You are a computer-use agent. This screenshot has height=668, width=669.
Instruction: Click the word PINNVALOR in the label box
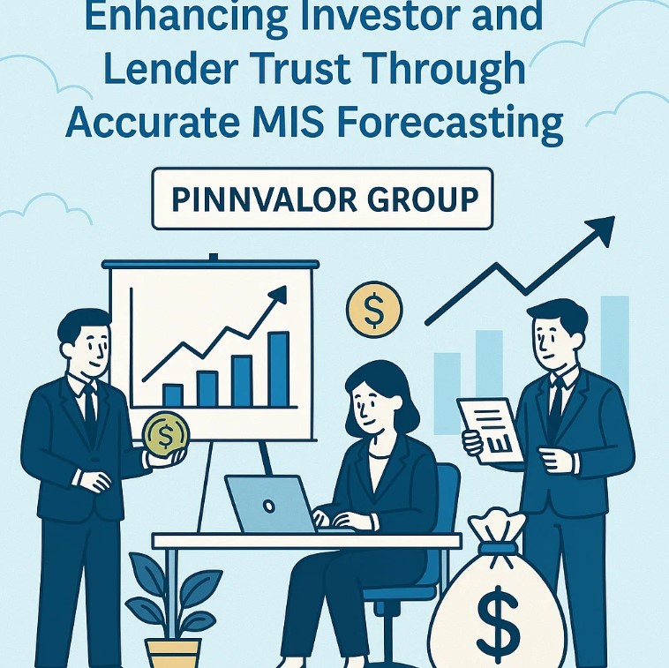click(264, 199)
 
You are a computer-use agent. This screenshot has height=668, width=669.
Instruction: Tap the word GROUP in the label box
click(423, 199)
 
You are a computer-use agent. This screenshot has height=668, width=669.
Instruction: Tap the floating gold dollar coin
click(374, 309)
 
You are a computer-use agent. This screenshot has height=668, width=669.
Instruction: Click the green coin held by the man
click(166, 434)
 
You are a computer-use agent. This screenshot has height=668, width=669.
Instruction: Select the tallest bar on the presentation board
click(279, 369)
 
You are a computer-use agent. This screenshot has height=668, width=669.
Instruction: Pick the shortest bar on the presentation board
click(173, 395)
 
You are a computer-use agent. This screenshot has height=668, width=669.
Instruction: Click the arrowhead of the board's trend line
click(278, 295)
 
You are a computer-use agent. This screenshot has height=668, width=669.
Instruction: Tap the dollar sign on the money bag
click(498, 619)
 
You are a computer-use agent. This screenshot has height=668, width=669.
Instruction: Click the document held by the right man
click(491, 431)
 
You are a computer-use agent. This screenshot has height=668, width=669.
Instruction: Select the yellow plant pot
click(173, 653)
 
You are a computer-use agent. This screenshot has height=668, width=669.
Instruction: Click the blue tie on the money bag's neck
click(498, 548)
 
